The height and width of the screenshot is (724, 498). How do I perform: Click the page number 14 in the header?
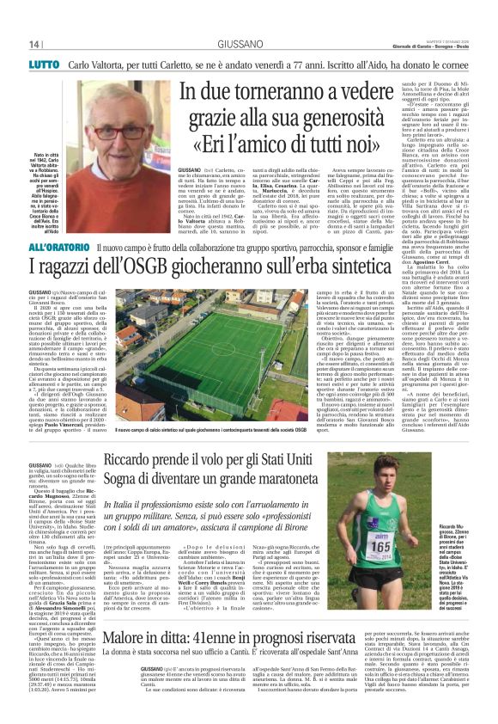(34, 45)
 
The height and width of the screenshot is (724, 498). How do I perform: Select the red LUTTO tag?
(44, 64)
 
